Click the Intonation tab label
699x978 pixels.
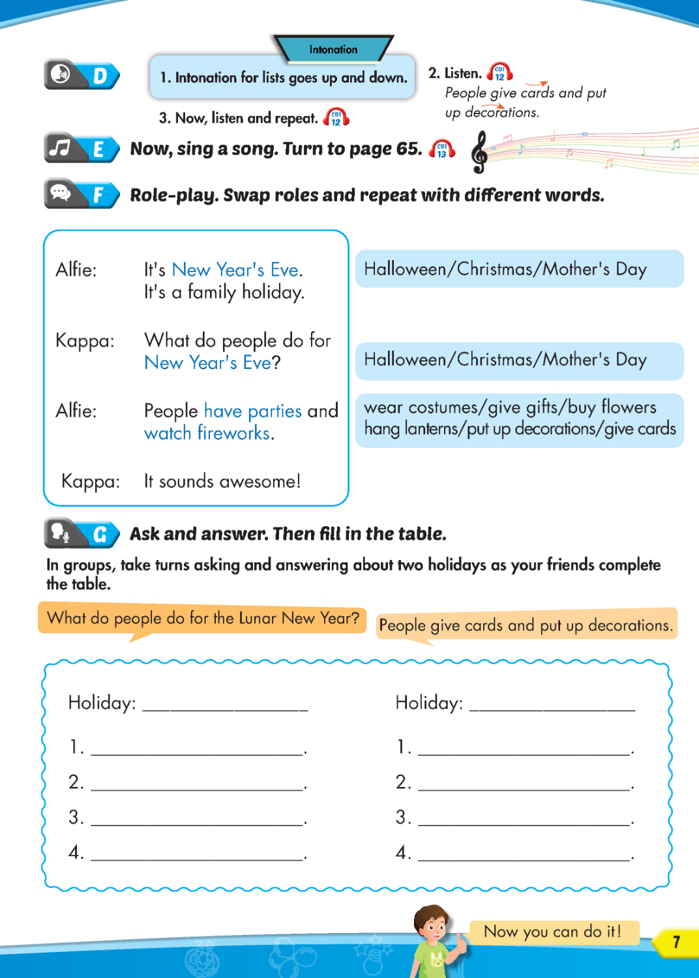pyautogui.click(x=333, y=50)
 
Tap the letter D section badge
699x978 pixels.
pyautogui.click(x=100, y=76)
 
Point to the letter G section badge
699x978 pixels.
pyautogui.click(x=100, y=535)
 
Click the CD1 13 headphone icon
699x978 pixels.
pyautogui.click(x=442, y=150)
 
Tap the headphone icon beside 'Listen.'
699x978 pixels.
pyautogui.click(x=499, y=72)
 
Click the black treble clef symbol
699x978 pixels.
pyautogui.click(x=480, y=153)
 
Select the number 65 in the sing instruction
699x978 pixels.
pyautogui.click(x=409, y=149)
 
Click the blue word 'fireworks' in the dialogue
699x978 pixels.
pyautogui.click(x=234, y=433)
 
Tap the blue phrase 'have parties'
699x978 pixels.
pyautogui.click(x=253, y=411)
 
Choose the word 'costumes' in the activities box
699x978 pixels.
pyautogui.click(x=444, y=407)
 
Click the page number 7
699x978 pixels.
pyautogui.click(x=676, y=941)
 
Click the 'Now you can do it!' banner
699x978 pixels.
pyautogui.click(x=553, y=932)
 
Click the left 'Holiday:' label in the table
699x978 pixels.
pyautogui.click(x=102, y=702)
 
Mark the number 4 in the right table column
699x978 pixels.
pyautogui.click(x=402, y=852)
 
